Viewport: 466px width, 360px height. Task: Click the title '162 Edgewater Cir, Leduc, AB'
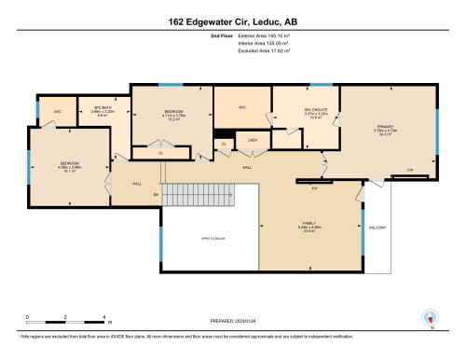232,20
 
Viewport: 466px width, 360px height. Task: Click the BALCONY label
377,227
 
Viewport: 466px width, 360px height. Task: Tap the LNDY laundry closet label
252,141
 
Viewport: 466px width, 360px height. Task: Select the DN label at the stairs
157,194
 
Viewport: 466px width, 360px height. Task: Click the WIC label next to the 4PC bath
58,111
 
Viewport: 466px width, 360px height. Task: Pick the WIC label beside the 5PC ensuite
241,108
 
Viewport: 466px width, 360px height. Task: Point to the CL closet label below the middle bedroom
160,152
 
